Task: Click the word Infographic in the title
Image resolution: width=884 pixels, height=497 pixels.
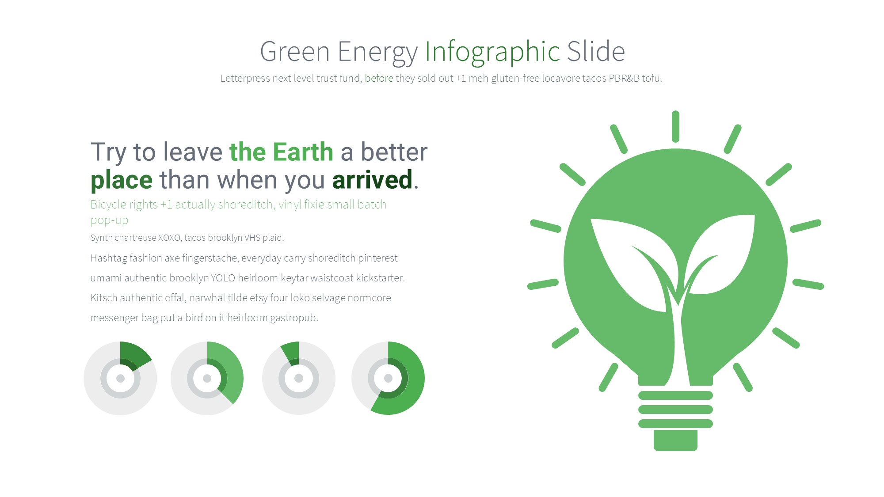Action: point(492,52)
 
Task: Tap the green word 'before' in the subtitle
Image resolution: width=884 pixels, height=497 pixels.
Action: point(379,78)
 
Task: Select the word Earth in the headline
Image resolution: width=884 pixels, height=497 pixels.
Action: point(303,152)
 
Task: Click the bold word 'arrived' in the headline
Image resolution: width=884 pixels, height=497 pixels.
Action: point(372,180)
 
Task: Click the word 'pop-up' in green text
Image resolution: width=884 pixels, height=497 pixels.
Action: point(109,220)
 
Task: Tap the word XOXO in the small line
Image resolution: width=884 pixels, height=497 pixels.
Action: point(169,238)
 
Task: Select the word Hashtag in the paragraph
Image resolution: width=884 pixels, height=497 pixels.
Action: point(109,258)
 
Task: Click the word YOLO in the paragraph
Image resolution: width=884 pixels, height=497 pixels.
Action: point(223,278)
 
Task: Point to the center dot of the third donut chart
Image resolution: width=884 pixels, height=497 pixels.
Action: point(299,378)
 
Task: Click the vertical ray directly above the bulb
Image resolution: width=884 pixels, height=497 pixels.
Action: point(675,126)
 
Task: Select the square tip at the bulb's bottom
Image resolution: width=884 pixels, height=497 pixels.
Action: point(675,440)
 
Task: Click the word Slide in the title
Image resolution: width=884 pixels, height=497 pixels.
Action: point(596,52)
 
